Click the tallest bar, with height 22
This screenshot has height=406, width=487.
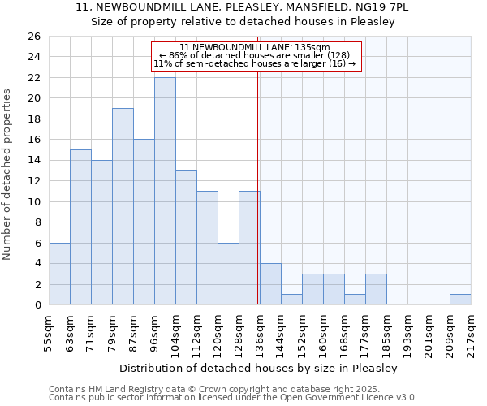coord(165,191)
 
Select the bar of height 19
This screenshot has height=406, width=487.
coord(123,206)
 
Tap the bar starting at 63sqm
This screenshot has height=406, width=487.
coord(80,227)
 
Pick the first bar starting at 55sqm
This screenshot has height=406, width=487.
coord(59,274)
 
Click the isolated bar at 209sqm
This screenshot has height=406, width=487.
coord(460,300)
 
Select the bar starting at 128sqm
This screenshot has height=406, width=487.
coord(249,248)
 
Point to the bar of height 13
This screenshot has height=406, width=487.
coord(186,237)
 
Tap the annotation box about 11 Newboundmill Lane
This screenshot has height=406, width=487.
coord(255,56)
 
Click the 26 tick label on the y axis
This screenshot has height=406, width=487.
coord(33,37)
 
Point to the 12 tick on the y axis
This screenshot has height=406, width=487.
coord(33,181)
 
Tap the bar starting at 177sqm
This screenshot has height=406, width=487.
coord(376,290)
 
